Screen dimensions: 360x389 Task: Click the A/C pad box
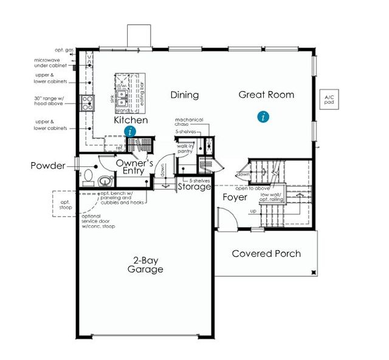click(330, 101)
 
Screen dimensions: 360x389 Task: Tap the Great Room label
click(266, 95)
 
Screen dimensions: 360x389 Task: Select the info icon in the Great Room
click(263, 116)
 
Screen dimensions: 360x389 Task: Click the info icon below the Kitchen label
click(129, 131)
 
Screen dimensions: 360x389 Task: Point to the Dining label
click(184, 95)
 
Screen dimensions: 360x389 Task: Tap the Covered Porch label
click(266, 253)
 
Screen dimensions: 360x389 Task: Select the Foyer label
click(235, 197)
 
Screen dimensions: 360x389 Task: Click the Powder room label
click(48, 166)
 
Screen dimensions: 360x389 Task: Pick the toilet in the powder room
click(88, 177)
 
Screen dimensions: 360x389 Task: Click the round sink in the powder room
click(105, 180)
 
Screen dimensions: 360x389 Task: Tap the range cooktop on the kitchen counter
click(88, 101)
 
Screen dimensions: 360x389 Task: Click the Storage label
click(194, 186)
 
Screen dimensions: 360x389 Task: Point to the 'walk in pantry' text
click(185, 148)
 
